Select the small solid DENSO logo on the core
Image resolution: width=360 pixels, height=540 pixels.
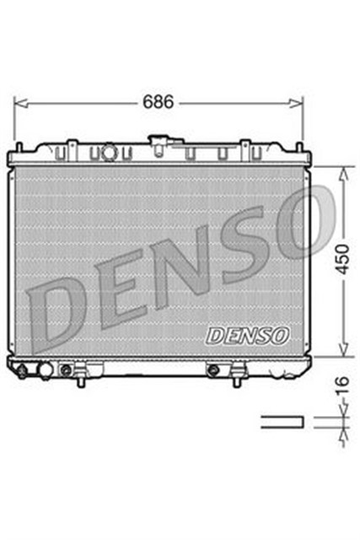[248, 335]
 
